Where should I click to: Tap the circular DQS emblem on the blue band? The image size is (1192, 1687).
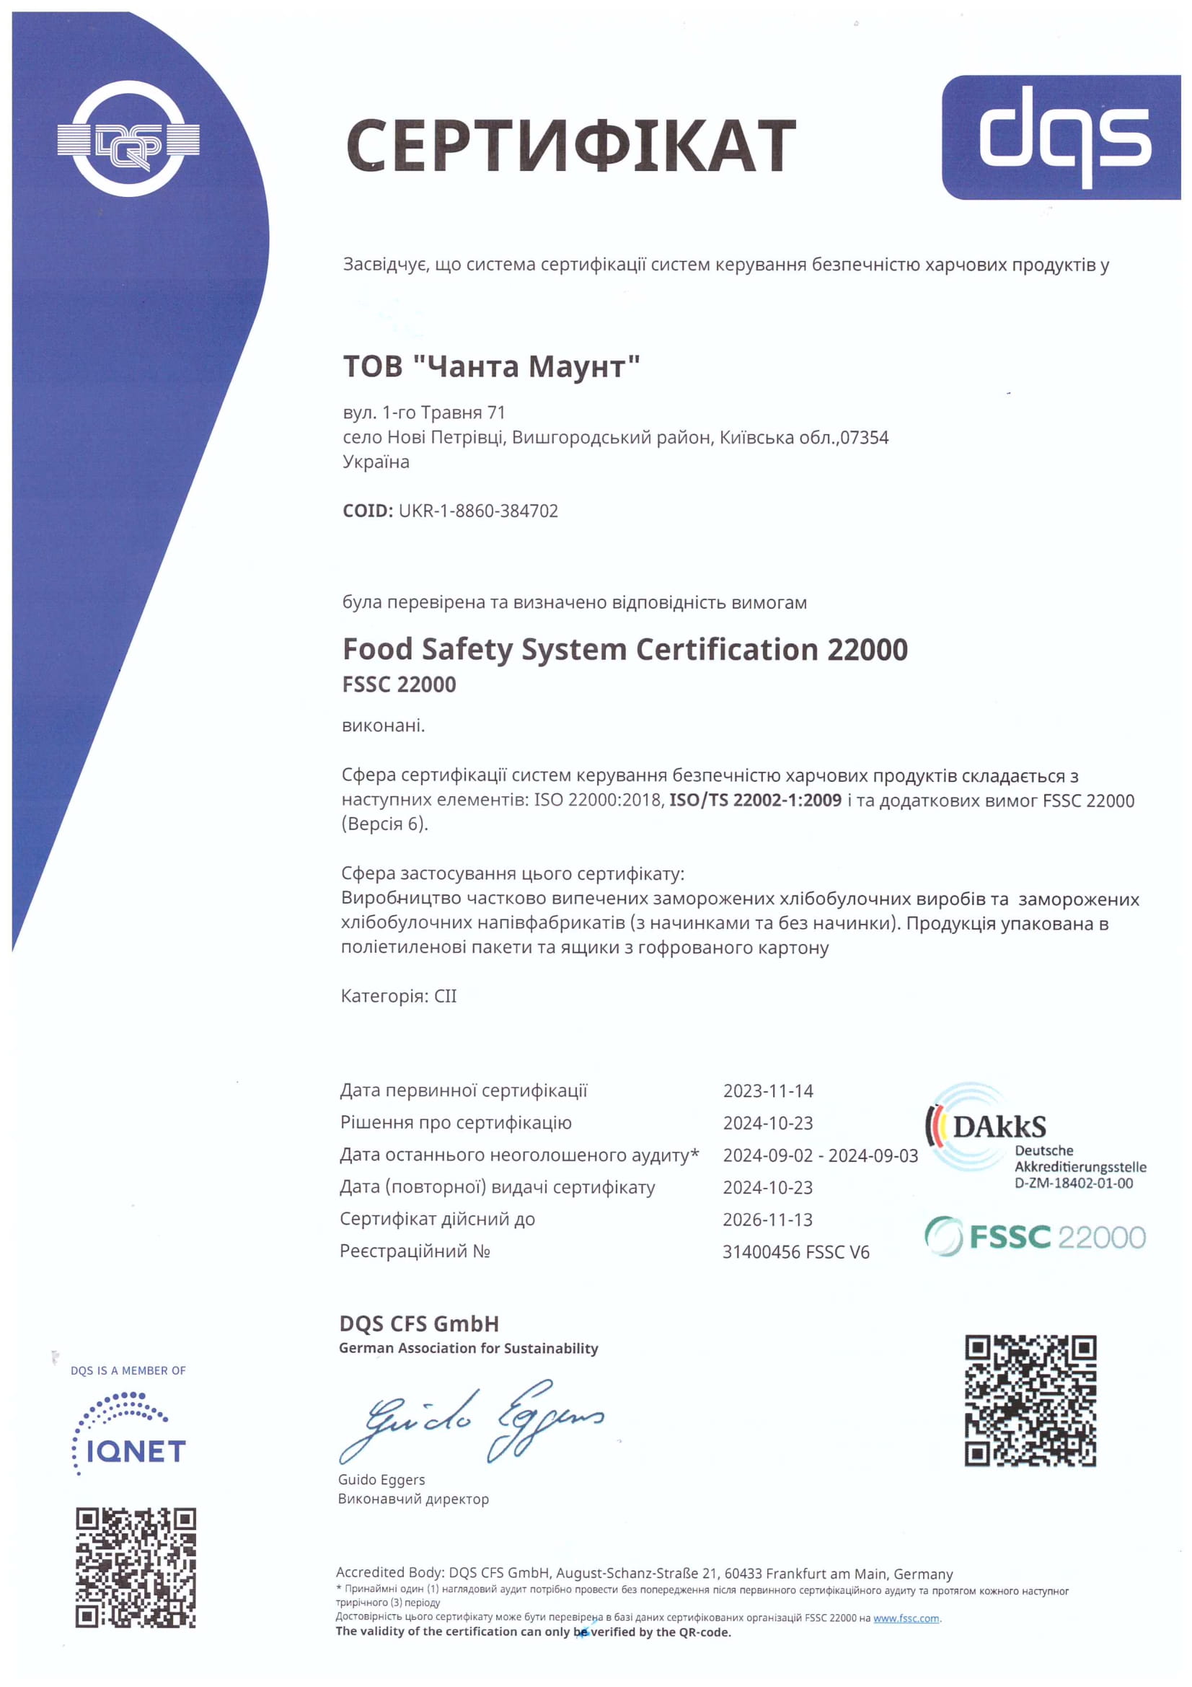[x=128, y=139]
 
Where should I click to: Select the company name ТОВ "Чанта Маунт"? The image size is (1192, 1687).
[x=491, y=366]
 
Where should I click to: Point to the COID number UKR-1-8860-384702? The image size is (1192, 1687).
[x=478, y=511]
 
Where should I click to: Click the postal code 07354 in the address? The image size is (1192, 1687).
[x=865, y=438]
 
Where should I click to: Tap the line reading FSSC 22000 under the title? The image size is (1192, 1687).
[x=399, y=684]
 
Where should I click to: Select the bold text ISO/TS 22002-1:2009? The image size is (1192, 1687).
[x=755, y=800]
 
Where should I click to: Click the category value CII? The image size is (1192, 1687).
[x=445, y=995]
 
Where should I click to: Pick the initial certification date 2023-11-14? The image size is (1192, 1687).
[x=767, y=1091]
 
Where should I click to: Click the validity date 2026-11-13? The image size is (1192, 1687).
[x=767, y=1219]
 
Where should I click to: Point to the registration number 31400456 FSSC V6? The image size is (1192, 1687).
[x=795, y=1251]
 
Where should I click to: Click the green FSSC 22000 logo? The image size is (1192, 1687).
[x=1034, y=1237]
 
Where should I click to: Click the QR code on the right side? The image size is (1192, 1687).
[x=1030, y=1401]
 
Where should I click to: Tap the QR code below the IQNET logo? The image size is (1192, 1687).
[x=136, y=1567]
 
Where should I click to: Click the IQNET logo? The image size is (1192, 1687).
[x=130, y=1434]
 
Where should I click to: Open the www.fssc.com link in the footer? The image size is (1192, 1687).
[x=906, y=1618]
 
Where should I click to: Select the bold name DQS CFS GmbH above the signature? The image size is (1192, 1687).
[x=419, y=1323]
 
